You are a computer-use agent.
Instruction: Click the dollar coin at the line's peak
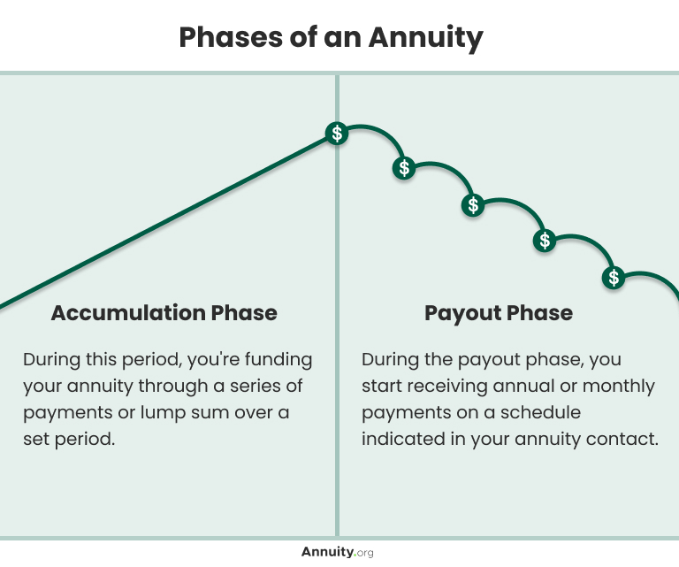pyautogui.click(x=336, y=134)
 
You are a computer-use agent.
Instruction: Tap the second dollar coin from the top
pyautogui.click(x=404, y=167)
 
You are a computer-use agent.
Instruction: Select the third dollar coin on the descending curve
pyautogui.click(x=474, y=205)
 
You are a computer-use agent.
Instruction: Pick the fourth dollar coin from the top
pyautogui.click(x=545, y=240)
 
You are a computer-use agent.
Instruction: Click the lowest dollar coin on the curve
pyautogui.click(x=614, y=277)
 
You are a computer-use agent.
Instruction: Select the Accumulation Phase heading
pyautogui.click(x=164, y=312)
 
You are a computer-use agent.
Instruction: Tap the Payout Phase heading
pyautogui.click(x=498, y=312)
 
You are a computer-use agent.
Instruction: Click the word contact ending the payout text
pyautogui.click(x=627, y=439)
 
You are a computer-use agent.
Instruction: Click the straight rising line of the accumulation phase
pyautogui.click(x=168, y=221)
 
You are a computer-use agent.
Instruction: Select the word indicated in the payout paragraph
pyautogui.click(x=401, y=439)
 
